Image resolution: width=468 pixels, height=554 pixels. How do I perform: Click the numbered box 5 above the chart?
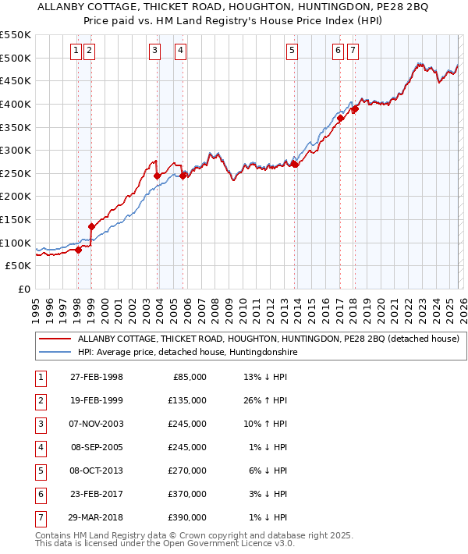[292, 51]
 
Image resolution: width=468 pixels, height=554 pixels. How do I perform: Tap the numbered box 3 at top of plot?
[155, 51]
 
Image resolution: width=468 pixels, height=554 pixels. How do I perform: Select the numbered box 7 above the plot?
[353, 51]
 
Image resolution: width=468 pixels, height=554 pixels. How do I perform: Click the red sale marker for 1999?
[92, 226]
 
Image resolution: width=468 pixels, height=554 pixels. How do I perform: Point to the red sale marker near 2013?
[295, 165]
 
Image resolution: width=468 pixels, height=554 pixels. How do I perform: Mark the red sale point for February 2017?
[341, 119]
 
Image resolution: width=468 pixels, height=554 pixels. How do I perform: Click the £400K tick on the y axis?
[16, 104]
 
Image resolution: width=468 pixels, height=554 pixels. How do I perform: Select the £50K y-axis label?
[19, 266]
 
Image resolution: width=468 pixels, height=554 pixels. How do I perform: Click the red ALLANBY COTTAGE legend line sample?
[54, 339]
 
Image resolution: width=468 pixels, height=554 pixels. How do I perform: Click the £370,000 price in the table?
[186, 494]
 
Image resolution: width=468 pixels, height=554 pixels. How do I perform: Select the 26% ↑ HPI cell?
[266, 400]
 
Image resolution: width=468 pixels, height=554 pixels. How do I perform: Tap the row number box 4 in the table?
[39, 447]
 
